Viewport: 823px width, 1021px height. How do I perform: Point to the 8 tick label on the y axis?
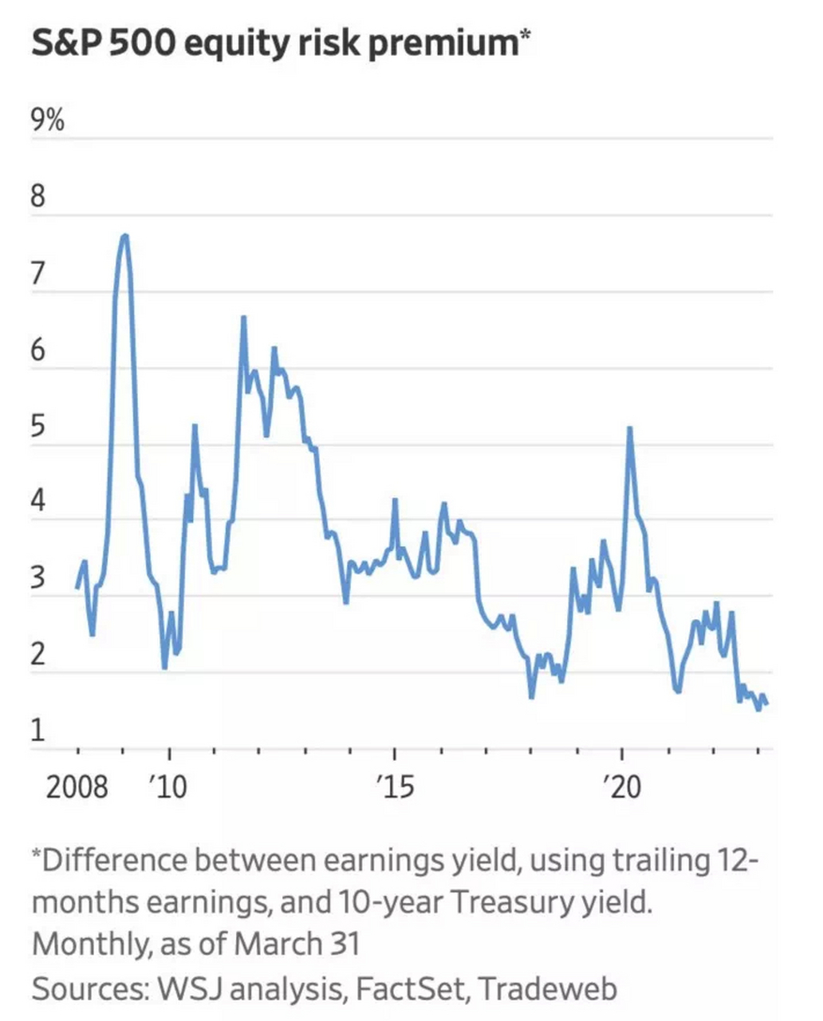tap(38, 196)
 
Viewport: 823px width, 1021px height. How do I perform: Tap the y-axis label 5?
tap(38, 426)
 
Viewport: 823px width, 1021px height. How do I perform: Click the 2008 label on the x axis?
tap(77, 787)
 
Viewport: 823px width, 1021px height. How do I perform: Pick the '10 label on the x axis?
tap(167, 787)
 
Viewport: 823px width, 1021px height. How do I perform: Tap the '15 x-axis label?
tap(394, 787)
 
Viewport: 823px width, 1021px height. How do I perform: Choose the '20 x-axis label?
tap(621, 787)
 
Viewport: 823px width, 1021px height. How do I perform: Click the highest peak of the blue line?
tap(124, 235)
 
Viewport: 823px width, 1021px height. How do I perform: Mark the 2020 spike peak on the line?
tap(630, 428)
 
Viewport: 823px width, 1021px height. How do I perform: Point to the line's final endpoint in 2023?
tap(766, 704)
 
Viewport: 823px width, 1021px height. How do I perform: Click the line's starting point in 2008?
tap(77, 588)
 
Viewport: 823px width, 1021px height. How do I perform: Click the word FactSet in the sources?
tap(408, 989)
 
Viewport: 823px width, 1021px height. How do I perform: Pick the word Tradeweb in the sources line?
tap(548, 989)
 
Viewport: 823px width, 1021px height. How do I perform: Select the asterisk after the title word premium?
tap(525, 36)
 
